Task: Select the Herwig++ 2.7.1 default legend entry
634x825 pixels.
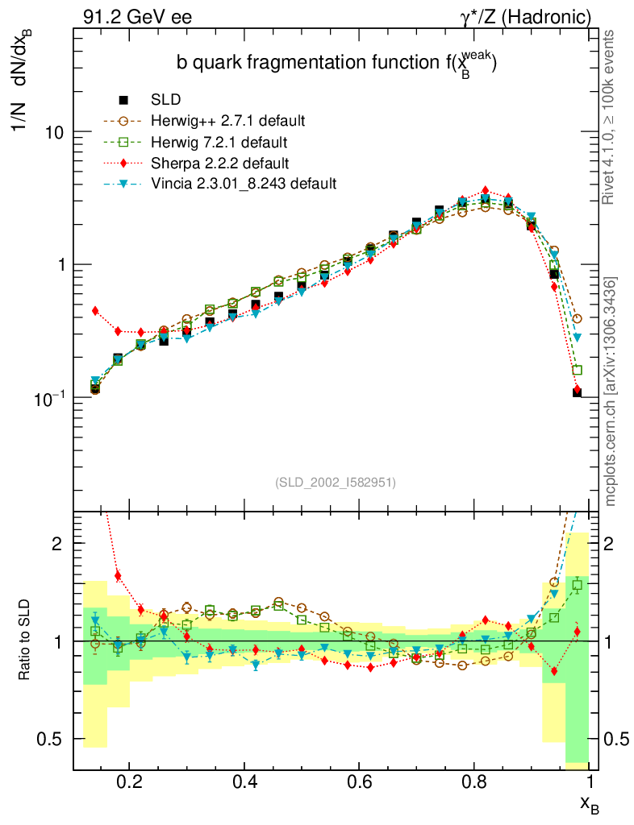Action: click(x=227, y=121)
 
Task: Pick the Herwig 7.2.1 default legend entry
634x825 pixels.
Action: click(x=219, y=142)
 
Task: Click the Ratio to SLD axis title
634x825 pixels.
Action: click(x=26, y=641)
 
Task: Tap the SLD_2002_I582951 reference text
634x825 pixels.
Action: click(x=336, y=482)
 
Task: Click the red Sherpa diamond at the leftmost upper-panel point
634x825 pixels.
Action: click(x=95, y=310)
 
